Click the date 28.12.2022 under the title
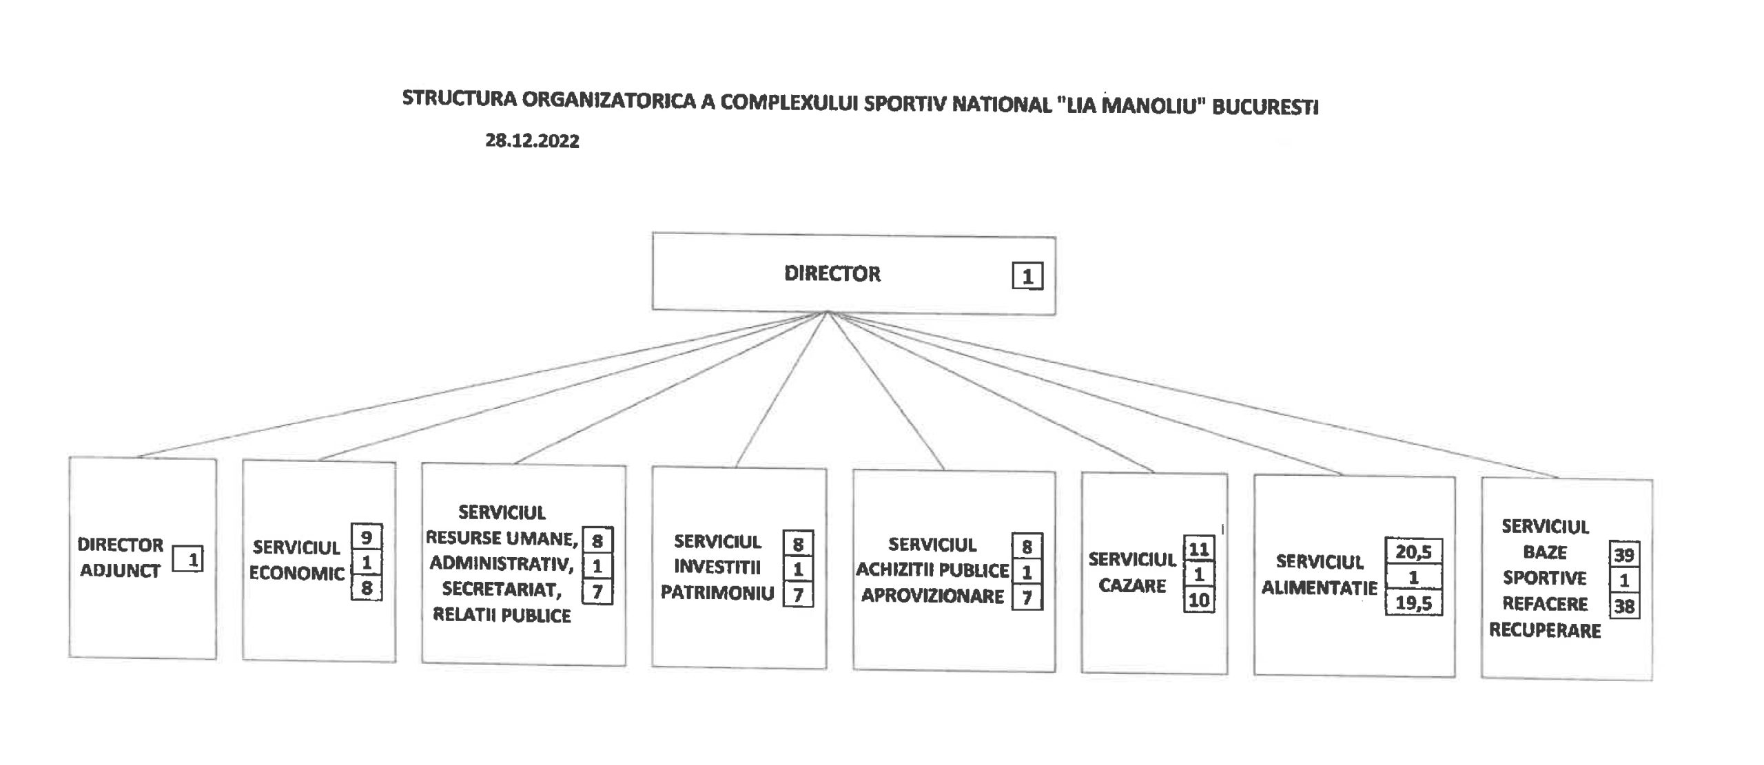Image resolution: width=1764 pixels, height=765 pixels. [532, 141]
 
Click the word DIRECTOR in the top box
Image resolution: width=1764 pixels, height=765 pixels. [832, 273]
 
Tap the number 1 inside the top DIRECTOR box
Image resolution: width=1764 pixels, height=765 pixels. [1027, 276]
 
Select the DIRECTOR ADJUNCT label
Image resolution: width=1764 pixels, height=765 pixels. [121, 558]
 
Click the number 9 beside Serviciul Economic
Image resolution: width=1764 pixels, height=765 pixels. [367, 536]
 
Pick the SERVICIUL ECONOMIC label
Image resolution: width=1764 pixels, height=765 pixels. [296, 560]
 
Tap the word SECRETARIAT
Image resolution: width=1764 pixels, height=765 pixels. [502, 589]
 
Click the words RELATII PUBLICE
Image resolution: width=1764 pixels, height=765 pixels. [502, 615]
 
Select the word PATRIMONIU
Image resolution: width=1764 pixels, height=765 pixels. [717, 593]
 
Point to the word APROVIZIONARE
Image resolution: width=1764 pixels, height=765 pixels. [932, 596]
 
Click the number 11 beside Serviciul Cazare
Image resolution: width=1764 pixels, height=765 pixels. [1199, 549]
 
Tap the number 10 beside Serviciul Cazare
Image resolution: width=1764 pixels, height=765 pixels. [1199, 600]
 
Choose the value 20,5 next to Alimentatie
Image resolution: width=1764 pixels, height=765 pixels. [1413, 552]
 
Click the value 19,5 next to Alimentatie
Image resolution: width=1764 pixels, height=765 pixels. [1413, 603]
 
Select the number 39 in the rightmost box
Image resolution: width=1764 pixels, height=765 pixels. [1624, 555]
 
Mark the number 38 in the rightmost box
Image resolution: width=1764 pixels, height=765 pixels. [1624, 607]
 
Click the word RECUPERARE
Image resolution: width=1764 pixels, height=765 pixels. [1545, 631]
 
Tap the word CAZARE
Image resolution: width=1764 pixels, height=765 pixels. [1132, 586]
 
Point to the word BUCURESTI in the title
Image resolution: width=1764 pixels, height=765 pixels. [1265, 107]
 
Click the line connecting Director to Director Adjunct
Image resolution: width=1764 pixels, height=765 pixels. [482, 384]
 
